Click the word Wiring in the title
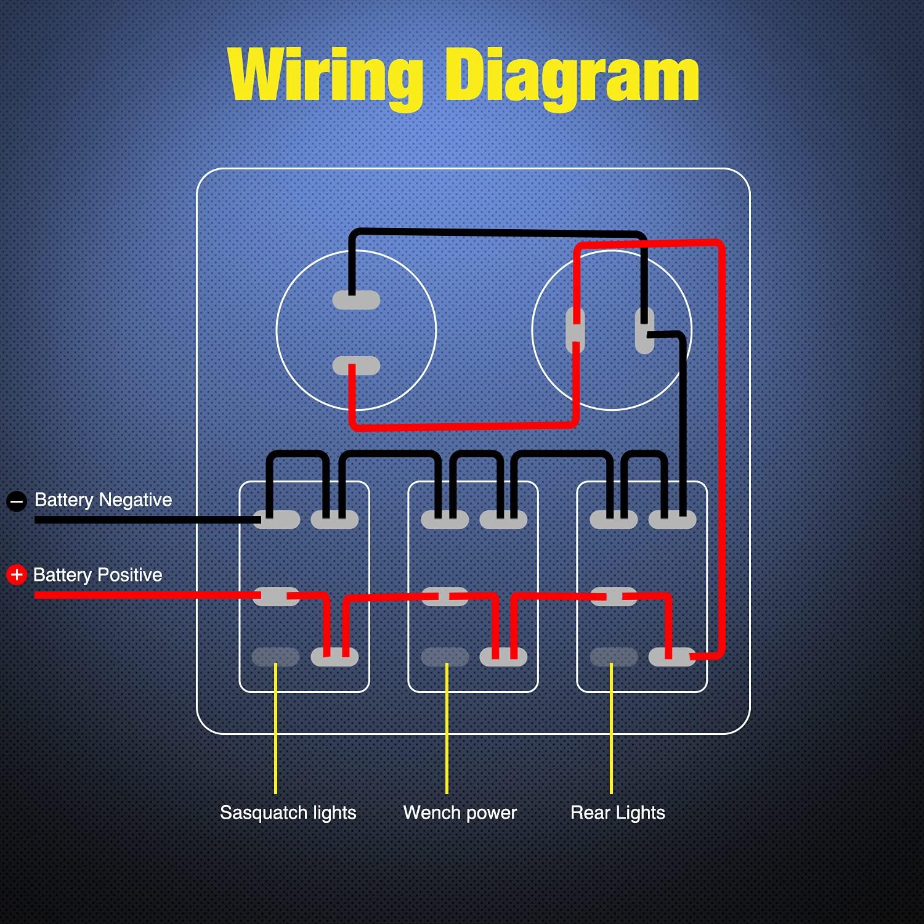tap(325, 76)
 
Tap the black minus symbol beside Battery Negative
tap(17, 501)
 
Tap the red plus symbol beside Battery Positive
tap(17, 575)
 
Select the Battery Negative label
tap(103, 500)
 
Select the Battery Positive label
tap(97, 575)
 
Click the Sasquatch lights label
tap(288, 813)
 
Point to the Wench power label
tap(460, 813)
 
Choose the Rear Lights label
tap(617, 813)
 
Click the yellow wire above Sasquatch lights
tap(275, 727)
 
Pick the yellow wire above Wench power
tap(447, 727)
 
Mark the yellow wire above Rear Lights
tap(611, 727)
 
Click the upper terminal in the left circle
tap(356, 301)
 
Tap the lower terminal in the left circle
tap(356, 366)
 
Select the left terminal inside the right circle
tap(575, 330)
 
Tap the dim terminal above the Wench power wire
tap(445, 657)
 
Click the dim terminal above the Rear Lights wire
tap(614, 657)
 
